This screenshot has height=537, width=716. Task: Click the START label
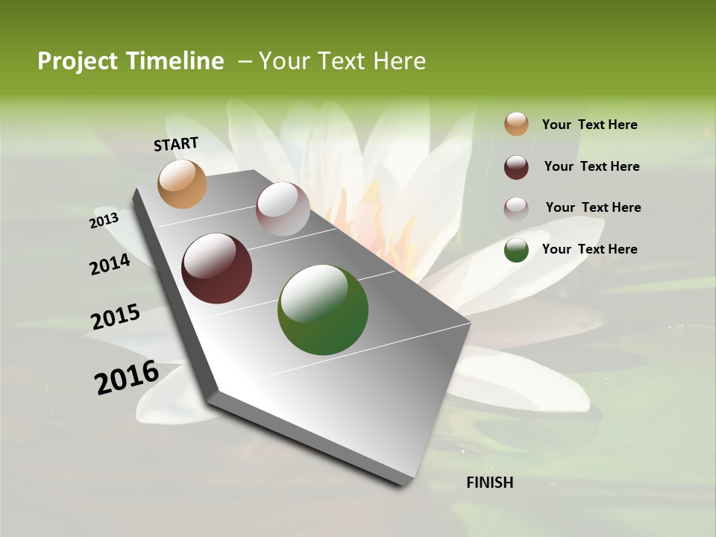176,144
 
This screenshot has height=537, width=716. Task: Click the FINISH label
489,483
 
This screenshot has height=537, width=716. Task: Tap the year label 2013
104,221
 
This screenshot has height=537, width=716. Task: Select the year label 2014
110,265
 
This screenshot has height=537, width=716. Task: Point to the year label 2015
116,317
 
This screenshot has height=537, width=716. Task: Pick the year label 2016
127,377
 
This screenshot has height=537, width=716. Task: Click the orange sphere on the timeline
182,183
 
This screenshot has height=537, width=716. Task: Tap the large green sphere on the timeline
322,310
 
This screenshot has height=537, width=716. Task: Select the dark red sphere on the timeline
216,268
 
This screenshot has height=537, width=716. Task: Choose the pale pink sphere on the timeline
283,209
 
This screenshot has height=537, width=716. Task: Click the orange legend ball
516,125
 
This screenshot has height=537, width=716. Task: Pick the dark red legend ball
516,166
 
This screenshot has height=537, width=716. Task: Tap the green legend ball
516,250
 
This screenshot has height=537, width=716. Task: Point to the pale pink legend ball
516,208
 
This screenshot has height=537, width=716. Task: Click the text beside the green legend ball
589,249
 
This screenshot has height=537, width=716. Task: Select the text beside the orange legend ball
589,125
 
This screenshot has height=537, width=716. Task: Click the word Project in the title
78,61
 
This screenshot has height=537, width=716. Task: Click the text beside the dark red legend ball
591,166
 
